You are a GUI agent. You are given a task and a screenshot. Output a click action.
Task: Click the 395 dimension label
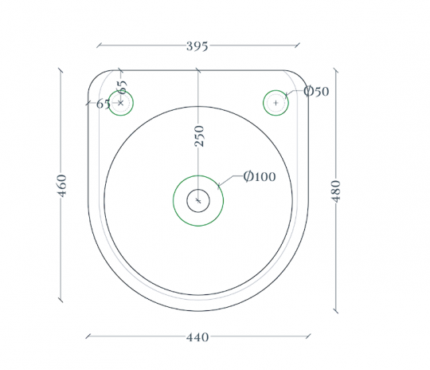(197, 46)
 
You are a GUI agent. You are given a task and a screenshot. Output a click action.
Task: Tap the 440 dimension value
(197, 337)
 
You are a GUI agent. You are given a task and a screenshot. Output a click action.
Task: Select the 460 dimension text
(62, 186)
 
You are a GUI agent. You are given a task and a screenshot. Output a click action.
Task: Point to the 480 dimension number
(336, 191)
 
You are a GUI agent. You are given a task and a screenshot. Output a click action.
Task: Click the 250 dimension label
(199, 136)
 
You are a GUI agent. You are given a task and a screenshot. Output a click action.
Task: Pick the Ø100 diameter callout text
(260, 176)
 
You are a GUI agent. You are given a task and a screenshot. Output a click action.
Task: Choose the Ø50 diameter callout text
(316, 91)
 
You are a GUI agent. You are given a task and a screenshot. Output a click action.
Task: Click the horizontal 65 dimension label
(103, 104)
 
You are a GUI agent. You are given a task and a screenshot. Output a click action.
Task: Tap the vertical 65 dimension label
(122, 87)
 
